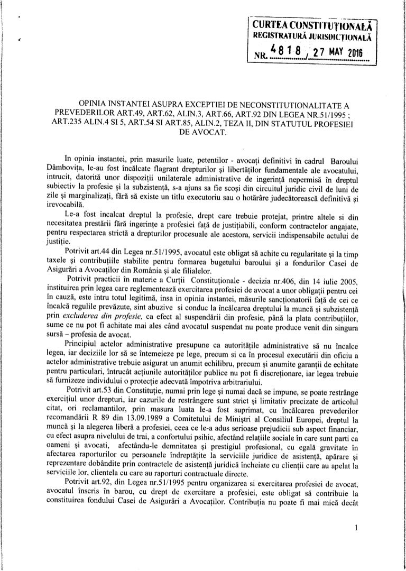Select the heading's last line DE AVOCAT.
pos(203,132)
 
